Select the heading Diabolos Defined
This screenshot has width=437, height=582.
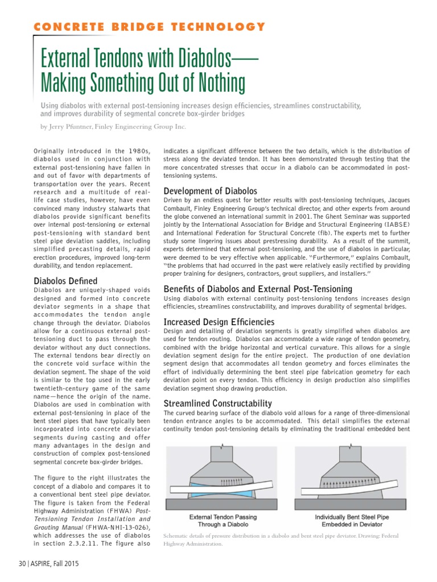(65, 281)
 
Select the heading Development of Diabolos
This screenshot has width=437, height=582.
(211, 191)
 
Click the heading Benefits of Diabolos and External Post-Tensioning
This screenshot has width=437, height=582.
(258, 289)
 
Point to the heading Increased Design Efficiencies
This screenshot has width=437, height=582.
(219, 322)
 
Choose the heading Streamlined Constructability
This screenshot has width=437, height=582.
(218, 403)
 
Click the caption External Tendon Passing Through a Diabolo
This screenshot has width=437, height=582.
(222, 521)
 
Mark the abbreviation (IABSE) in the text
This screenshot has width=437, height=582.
(391, 226)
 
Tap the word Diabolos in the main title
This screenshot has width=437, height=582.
(197, 59)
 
